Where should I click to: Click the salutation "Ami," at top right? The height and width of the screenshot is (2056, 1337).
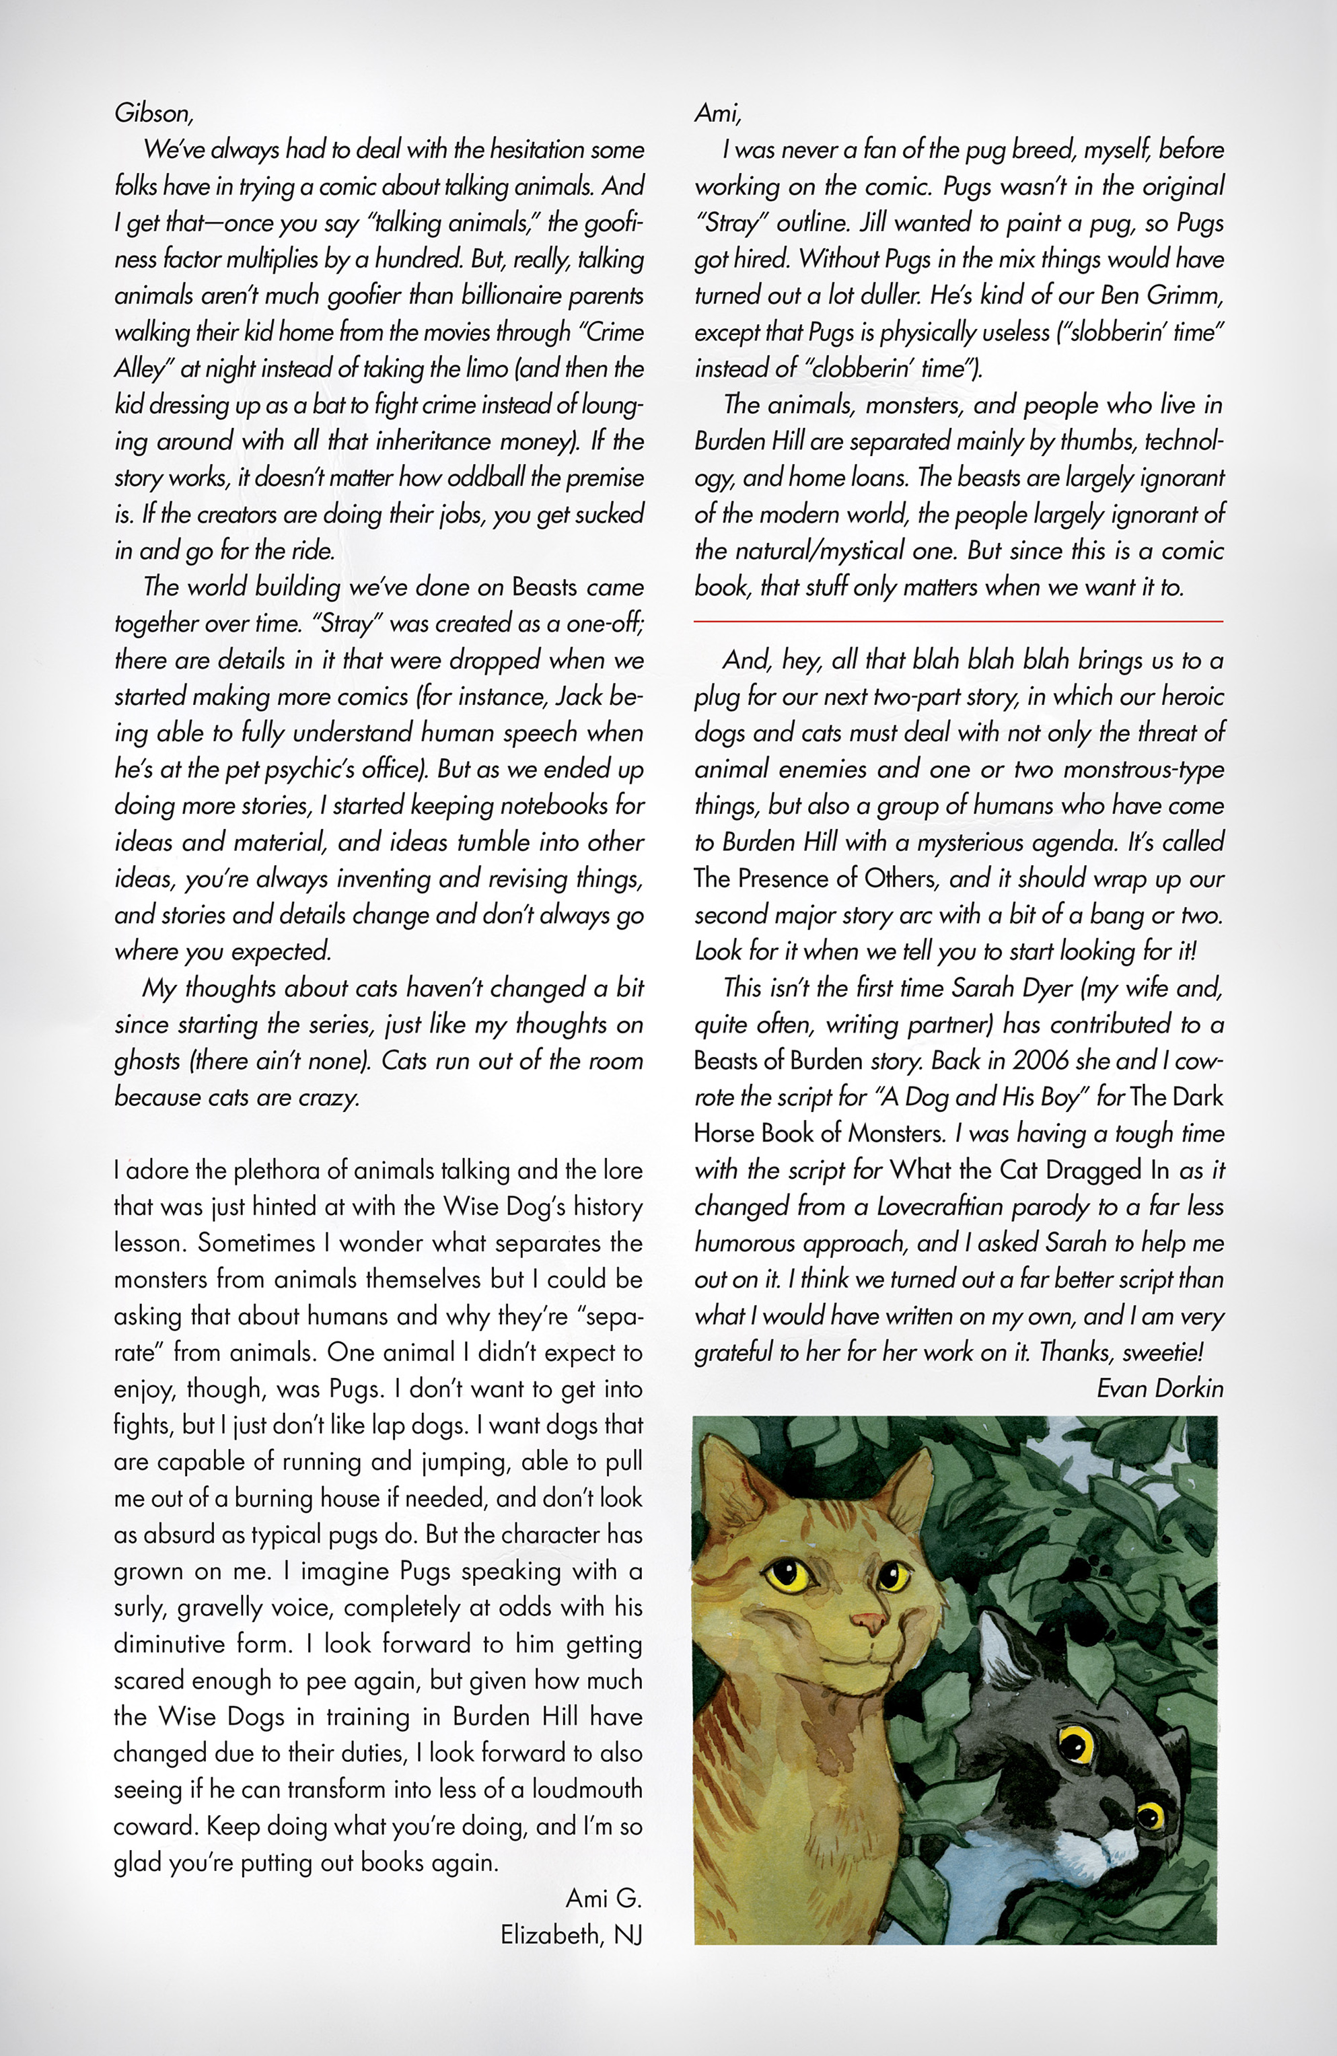717,113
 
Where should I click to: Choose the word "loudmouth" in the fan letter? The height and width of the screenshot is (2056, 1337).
587,1789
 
